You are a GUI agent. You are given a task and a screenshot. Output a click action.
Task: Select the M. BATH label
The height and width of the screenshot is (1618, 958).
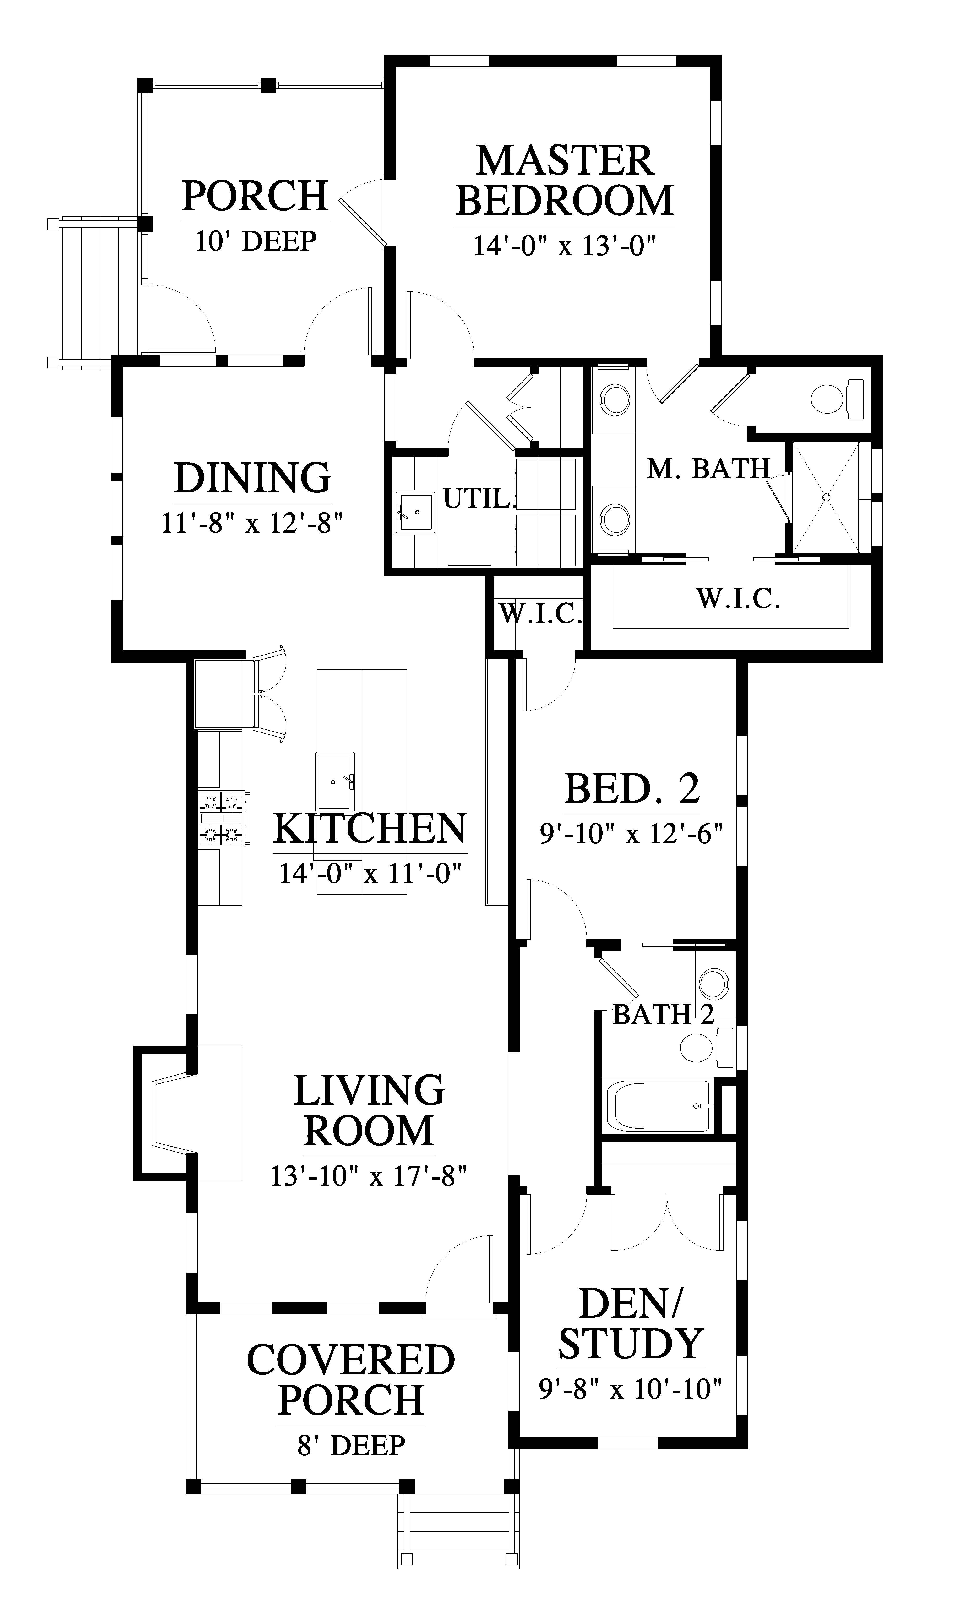point(709,469)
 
